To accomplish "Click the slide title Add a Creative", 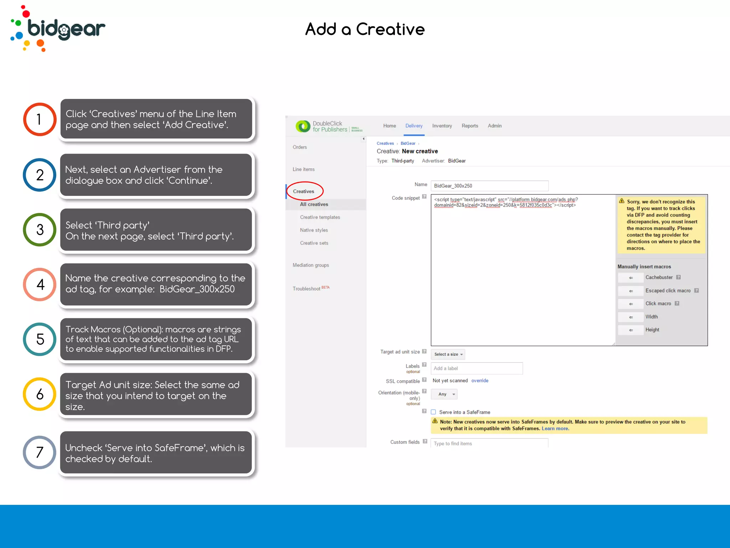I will tap(365, 29).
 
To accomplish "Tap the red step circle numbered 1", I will tap(40, 119).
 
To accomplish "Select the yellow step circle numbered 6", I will tap(40, 394).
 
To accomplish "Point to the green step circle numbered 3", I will tap(40, 229).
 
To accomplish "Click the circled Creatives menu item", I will tap(304, 191).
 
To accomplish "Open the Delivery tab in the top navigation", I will tap(414, 126).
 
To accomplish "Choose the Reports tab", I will tap(470, 126).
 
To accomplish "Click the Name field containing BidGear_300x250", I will tap(489, 186).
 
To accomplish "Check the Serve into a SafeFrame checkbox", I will tap(433, 412).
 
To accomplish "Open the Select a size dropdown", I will tap(448, 354).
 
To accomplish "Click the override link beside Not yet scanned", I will tap(480, 381).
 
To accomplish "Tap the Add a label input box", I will tap(477, 368).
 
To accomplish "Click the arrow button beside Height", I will tap(631, 330).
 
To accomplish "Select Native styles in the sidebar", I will tap(314, 230).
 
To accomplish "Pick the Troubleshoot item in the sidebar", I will tap(307, 289).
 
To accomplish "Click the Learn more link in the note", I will tap(555, 428).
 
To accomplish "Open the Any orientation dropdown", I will tap(444, 394).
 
